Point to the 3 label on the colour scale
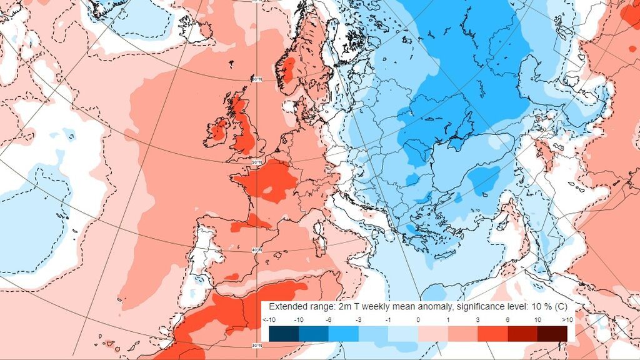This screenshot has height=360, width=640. click(x=477, y=320)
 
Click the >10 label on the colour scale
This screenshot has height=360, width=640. click(x=566, y=320)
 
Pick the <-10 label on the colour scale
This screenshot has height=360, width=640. click(x=269, y=320)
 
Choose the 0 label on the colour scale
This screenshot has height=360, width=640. click(x=417, y=320)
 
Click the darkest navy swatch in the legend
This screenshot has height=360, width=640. click(x=284, y=333)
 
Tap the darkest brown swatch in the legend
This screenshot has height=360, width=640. click(x=552, y=333)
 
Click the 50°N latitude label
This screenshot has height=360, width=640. click(x=256, y=163)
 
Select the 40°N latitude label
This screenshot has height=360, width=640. click(x=256, y=251)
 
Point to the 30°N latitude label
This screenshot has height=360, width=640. click(x=256, y=345)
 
